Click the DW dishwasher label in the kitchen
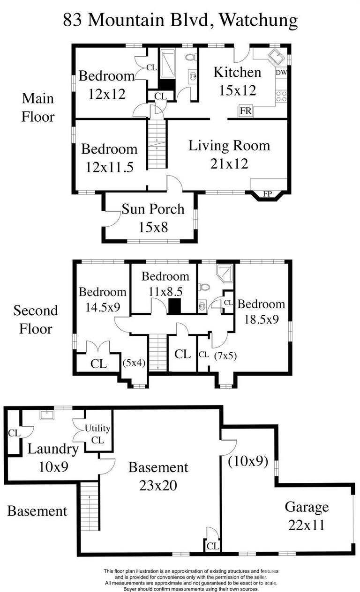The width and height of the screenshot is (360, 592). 281,73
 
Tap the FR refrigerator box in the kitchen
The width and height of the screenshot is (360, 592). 245,111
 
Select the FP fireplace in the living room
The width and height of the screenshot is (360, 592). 267,192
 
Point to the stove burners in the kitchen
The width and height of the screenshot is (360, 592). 281,96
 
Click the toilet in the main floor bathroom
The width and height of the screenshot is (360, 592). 190,57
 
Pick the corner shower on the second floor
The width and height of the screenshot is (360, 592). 225,273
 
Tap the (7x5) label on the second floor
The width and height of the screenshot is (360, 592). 225,355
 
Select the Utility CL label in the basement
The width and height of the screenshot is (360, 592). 97,434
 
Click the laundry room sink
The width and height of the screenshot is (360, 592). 46,414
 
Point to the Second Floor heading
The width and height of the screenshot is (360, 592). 36,319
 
